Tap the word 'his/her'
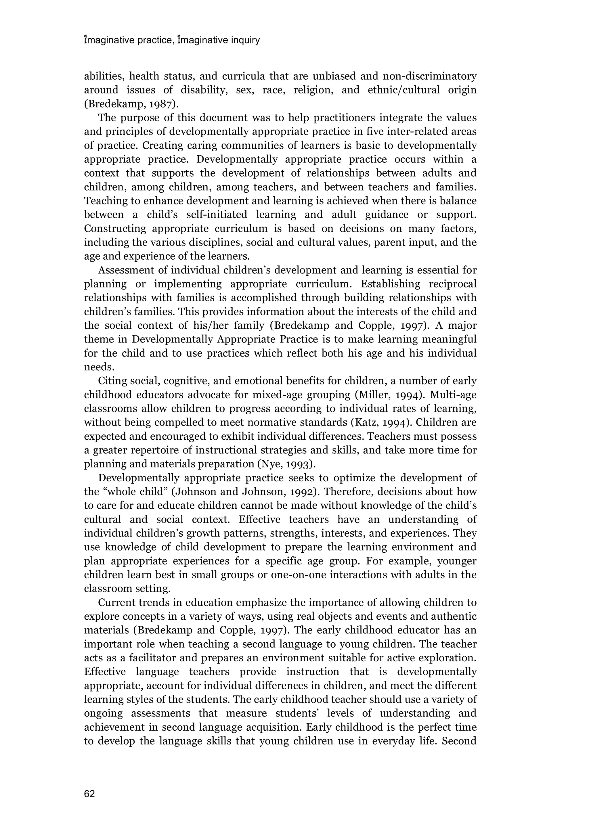203,326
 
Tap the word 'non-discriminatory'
430,76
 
